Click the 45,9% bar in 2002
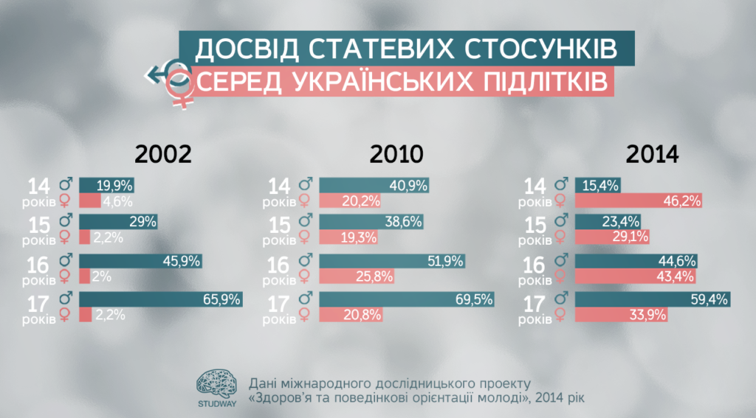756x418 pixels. (x=140, y=261)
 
